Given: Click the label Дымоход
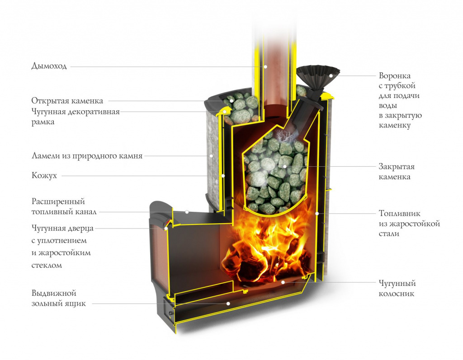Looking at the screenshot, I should [49, 66].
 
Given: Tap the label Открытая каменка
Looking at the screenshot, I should [67, 101].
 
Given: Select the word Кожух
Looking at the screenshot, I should [44, 175].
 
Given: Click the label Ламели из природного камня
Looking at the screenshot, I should [87, 156].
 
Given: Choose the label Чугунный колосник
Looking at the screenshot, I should [397, 289].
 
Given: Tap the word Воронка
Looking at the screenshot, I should [395, 76].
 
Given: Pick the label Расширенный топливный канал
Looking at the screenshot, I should [64, 206].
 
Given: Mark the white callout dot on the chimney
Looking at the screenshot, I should [265, 67].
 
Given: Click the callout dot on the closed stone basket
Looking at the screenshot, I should [298, 166].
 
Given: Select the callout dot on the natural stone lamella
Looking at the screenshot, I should [211, 156].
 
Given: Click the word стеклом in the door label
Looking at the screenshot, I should [47, 265].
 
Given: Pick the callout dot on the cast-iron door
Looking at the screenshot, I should [166, 229].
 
